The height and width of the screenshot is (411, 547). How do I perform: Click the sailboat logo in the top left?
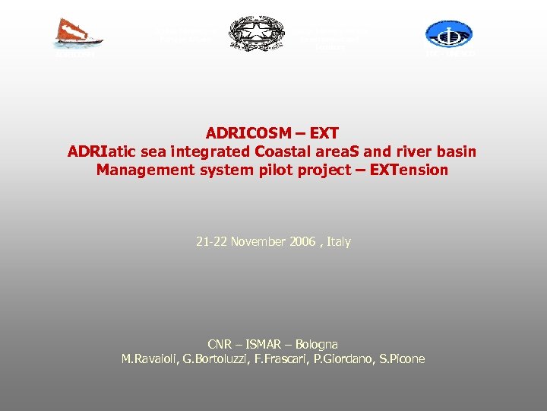[74, 33]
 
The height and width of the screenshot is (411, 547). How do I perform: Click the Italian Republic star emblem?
[255, 33]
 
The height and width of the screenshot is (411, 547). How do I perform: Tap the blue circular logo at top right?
[449, 33]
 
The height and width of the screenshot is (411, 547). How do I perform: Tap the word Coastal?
[282, 151]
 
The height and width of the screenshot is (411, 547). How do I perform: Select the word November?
[263, 242]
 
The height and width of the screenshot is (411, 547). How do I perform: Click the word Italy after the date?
[339, 242]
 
